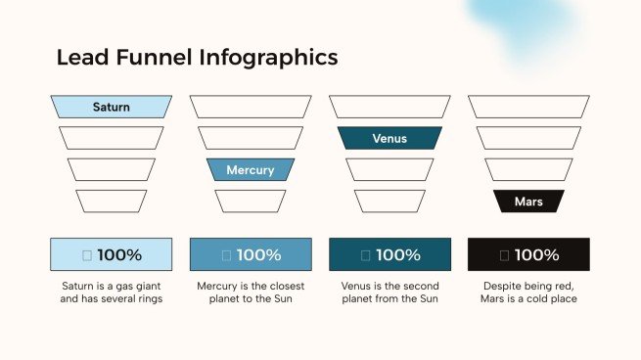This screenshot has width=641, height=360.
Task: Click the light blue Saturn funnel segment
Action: pyautogui.click(x=111, y=107)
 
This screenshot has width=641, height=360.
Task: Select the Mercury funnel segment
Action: pyautogui.click(x=251, y=169)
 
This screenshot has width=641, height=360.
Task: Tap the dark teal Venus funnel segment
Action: pyautogui.click(x=389, y=138)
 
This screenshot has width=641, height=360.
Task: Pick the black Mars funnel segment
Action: pyautogui.click(x=528, y=202)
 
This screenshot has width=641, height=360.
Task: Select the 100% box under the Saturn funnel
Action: pyautogui.click(x=111, y=254)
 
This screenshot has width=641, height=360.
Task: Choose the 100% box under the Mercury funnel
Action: pyautogui.click(x=251, y=254)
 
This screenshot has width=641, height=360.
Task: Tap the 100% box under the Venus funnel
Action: pyautogui.click(x=389, y=254)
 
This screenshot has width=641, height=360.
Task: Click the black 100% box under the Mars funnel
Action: pyautogui.click(x=528, y=254)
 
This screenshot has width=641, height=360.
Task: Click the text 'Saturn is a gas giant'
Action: pyautogui.click(x=111, y=286)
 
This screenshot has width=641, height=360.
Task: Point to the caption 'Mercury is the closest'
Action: pyautogui.click(x=251, y=286)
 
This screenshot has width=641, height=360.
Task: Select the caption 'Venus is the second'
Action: pyautogui.click(x=389, y=286)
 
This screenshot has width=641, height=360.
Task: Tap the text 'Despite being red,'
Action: pyautogui.click(x=528, y=286)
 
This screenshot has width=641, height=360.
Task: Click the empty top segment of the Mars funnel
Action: pyautogui.click(x=528, y=107)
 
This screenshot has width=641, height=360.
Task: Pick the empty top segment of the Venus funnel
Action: pyautogui.click(x=389, y=107)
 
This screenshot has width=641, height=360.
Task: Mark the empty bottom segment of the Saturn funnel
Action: pyautogui.click(x=111, y=202)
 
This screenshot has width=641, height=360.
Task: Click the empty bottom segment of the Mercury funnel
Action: pyautogui.click(x=251, y=202)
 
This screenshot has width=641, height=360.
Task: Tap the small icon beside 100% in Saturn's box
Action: pyautogui.click(x=87, y=255)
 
